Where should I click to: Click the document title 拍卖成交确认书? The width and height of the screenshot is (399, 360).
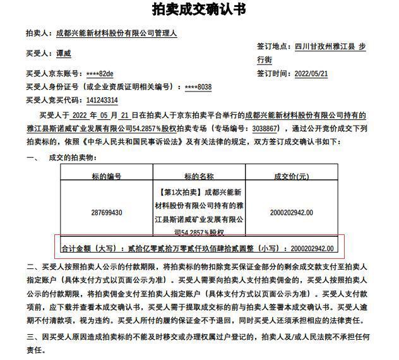pyautogui.click(x=199, y=10)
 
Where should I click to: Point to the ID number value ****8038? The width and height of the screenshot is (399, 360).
pyautogui.click(x=198, y=87)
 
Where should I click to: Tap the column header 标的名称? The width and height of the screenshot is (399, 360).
pyautogui.click(x=199, y=176)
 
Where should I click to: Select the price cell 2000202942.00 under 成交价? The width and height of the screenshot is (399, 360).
pyautogui.click(x=290, y=212)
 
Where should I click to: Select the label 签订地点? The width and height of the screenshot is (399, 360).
pyautogui.click(x=273, y=47)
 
